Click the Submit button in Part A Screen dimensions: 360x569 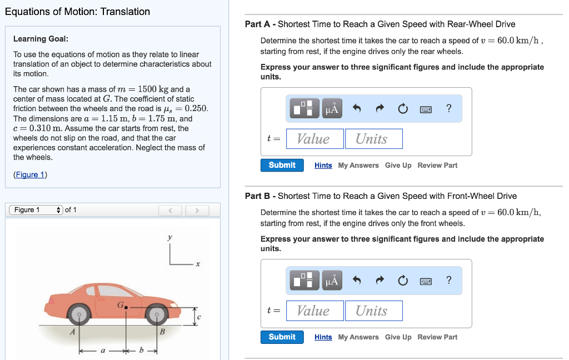click(282, 165)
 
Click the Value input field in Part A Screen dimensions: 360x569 click(313, 139)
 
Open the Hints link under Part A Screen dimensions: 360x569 click(323, 166)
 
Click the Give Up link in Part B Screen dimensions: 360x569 click(398, 337)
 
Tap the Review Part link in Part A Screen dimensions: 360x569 click(437, 166)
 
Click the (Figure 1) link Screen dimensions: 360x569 click(30, 175)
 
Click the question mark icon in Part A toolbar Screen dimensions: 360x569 click(449, 108)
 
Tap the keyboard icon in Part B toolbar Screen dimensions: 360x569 click(426, 281)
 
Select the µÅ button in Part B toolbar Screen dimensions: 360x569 click(331, 281)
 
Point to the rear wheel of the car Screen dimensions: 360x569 click(79, 315)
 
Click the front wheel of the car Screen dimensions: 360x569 click(157, 315)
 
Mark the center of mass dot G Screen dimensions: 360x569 click(127, 307)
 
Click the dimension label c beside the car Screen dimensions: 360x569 click(199, 317)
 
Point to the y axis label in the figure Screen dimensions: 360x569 click(169, 237)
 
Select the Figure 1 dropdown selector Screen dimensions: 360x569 click(36, 210)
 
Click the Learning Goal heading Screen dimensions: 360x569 click(41, 39)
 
